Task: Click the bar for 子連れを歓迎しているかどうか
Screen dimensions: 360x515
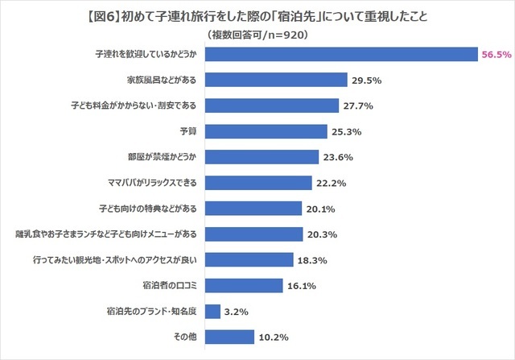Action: [x=343, y=54]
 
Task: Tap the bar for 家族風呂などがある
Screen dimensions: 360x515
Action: [x=278, y=80]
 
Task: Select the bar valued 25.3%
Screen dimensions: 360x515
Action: [x=267, y=131]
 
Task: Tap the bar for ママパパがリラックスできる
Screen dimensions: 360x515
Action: [x=260, y=183]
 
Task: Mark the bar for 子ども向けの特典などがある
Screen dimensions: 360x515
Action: [x=255, y=209]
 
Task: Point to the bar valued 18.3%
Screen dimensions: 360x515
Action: [x=250, y=259]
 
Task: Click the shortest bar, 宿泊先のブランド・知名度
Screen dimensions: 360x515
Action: [x=214, y=311]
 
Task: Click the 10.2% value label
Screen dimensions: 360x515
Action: [x=274, y=337]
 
